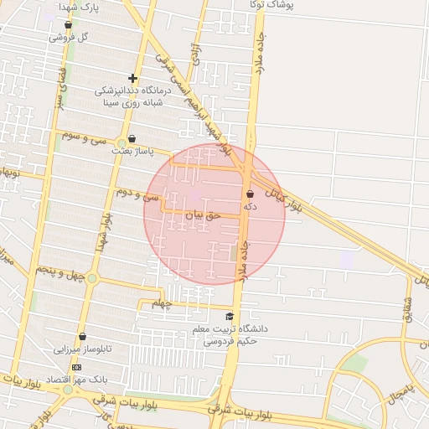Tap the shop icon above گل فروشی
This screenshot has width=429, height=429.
pyautogui.click(x=68, y=24)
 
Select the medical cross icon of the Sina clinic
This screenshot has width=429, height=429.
pyautogui.click(x=132, y=79)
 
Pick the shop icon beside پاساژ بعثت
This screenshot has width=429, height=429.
pyautogui.click(x=132, y=139)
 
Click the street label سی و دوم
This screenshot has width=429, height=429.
pyautogui.click(x=138, y=195)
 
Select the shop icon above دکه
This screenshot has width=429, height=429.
pyautogui.click(x=250, y=193)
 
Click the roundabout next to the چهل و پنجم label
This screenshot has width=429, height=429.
pyautogui.click(x=92, y=278)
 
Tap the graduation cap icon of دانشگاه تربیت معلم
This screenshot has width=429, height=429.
pyautogui.click(x=230, y=316)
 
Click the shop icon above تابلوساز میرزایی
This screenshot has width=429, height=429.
pyautogui.click(x=82, y=336)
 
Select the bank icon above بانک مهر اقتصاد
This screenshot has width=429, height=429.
pyautogui.click(x=77, y=367)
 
